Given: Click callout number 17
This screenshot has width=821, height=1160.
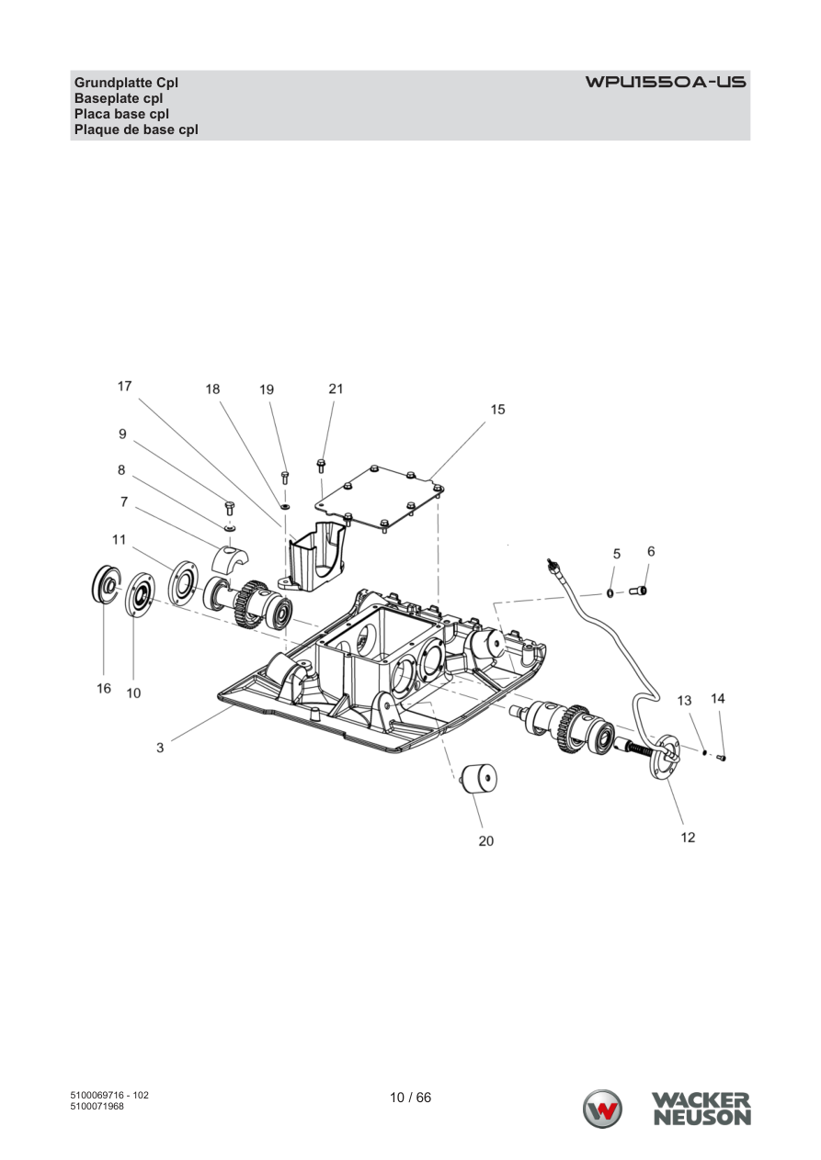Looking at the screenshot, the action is click(x=125, y=387).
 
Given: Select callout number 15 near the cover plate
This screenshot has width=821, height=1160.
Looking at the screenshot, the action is click(x=497, y=410).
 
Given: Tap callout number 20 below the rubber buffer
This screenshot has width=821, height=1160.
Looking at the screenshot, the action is click(x=486, y=841).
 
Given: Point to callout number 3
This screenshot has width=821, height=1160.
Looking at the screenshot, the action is click(x=160, y=748).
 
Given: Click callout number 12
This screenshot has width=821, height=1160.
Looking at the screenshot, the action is click(x=688, y=838).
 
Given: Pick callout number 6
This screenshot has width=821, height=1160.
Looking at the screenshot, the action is click(x=651, y=551).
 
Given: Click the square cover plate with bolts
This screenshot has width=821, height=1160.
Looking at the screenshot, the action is click(x=382, y=498).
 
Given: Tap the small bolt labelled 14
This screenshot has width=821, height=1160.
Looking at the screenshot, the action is click(x=721, y=758).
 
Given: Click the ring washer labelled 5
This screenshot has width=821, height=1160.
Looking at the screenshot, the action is click(x=611, y=593).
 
